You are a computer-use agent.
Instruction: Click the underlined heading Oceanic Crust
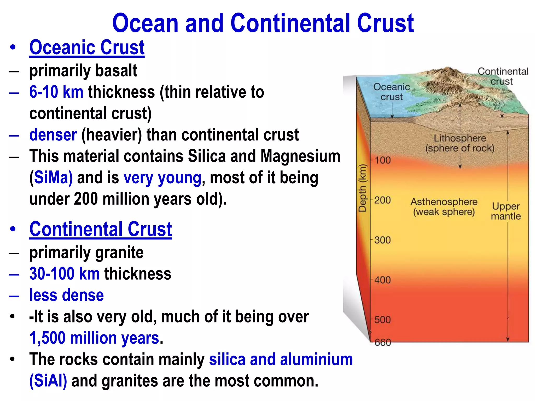click(x=87, y=48)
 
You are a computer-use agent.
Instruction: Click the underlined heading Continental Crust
click(x=101, y=229)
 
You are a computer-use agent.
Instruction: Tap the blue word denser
click(x=53, y=135)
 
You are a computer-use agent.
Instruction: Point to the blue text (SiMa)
click(x=51, y=178)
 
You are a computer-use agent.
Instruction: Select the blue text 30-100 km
click(x=64, y=274)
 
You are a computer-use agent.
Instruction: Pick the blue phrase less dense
click(x=66, y=295)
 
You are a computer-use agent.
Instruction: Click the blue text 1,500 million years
click(x=94, y=338)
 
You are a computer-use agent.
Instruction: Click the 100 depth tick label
click(x=383, y=160)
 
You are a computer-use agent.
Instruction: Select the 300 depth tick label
click(x=382, y=240)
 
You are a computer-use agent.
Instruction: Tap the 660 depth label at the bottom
click(x=383, y=342)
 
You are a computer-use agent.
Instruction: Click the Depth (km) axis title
click(x=362, y=188)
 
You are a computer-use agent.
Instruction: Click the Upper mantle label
click(x=506, y=211)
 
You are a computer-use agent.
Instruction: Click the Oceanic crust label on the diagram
click(x=392, y=92)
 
